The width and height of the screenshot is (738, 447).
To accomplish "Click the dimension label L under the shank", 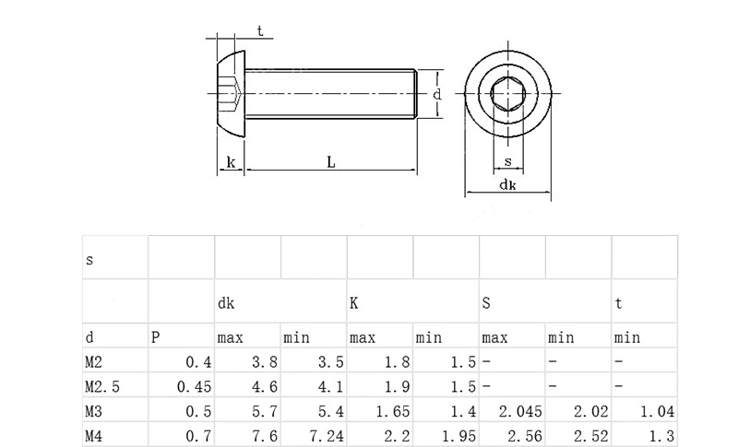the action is coord(331,162).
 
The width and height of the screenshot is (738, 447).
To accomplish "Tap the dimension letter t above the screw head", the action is coord(260,31).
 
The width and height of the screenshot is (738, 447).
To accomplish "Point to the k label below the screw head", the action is coord(231,162).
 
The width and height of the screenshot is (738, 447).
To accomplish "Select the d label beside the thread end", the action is coord(437,94).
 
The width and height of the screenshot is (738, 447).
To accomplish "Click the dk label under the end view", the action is coord(507,184).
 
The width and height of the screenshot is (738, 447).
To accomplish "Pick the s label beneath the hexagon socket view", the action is coord(508,161).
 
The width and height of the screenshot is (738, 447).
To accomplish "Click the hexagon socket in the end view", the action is coord(508,93).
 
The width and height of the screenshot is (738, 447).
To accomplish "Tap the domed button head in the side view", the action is coord(232,94).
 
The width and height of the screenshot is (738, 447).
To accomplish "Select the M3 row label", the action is coord(94,411).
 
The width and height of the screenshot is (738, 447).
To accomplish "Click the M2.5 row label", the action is coord(102,387).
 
